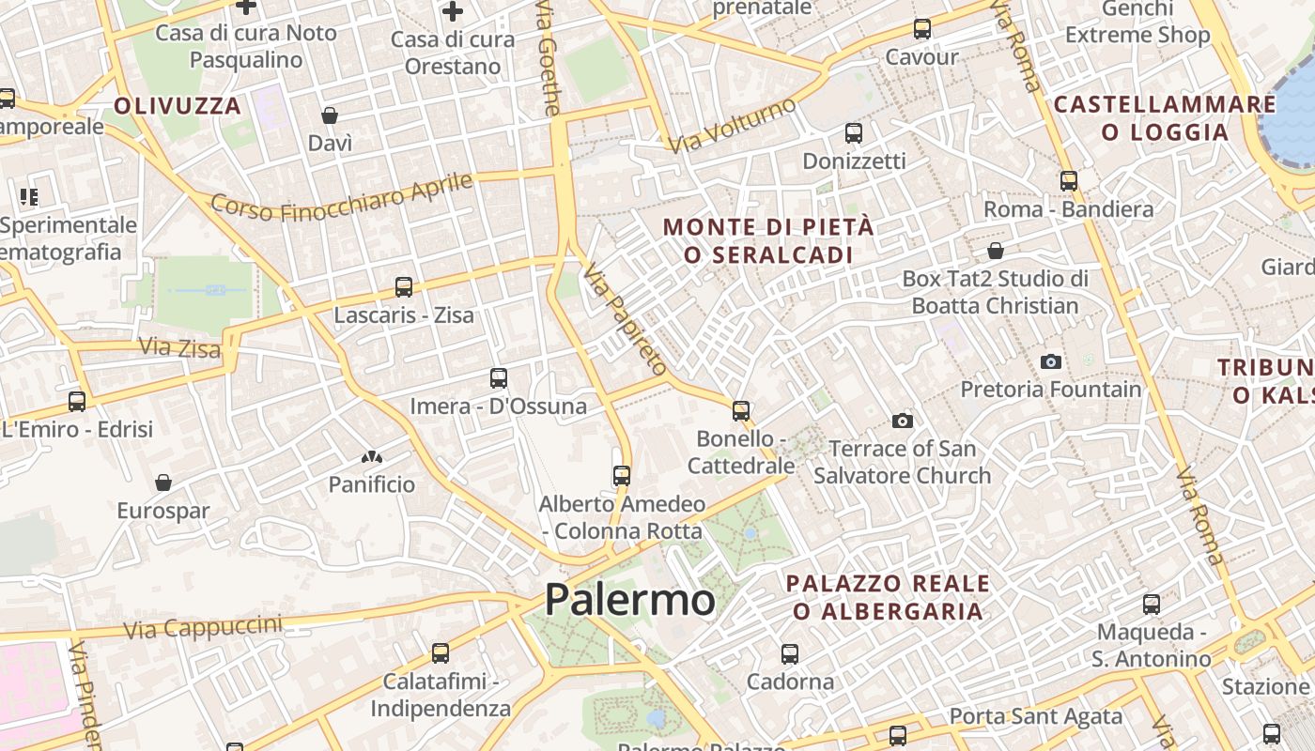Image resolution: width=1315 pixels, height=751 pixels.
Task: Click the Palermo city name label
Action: [x=629, y=599]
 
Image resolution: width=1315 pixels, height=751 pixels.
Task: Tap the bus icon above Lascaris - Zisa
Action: [x=404, y=287]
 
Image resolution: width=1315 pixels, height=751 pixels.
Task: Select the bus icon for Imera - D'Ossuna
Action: [x=499, y=378]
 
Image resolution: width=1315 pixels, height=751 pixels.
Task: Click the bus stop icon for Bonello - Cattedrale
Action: [x=741, y=410]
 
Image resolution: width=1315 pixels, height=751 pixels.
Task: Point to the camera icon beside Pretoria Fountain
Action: [x=1051, y=361]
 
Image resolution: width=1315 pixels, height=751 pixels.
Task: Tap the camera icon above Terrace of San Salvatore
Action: [x=903, y=421]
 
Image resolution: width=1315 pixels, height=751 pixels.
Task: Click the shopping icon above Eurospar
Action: [x=163, y=483]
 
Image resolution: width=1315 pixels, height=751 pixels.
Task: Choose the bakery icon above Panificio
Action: [x=372, y=457]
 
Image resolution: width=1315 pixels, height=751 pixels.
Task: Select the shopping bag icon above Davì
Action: [x=330, y=115]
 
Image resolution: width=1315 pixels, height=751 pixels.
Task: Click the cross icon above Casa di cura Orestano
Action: [x=453, y=11]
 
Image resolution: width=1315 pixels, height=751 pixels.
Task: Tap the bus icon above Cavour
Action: [x=922, y=29]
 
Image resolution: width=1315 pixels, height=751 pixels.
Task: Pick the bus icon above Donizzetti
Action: [x=854, y=133]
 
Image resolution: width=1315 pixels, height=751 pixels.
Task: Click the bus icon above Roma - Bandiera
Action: [x=1069, y=181]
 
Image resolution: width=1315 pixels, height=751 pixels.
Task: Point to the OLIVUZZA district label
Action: [x=178, y=106]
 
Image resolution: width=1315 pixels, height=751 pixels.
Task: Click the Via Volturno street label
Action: [x=732, y=126]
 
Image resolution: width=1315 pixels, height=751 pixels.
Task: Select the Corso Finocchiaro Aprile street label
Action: [x=341, y=196]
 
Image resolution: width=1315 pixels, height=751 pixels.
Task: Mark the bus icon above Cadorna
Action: [x=790, y=653]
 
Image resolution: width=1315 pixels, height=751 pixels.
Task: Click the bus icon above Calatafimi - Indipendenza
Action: [x=441, y=652]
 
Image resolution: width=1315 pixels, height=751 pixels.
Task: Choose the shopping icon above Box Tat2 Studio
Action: [x=996, y=251]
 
